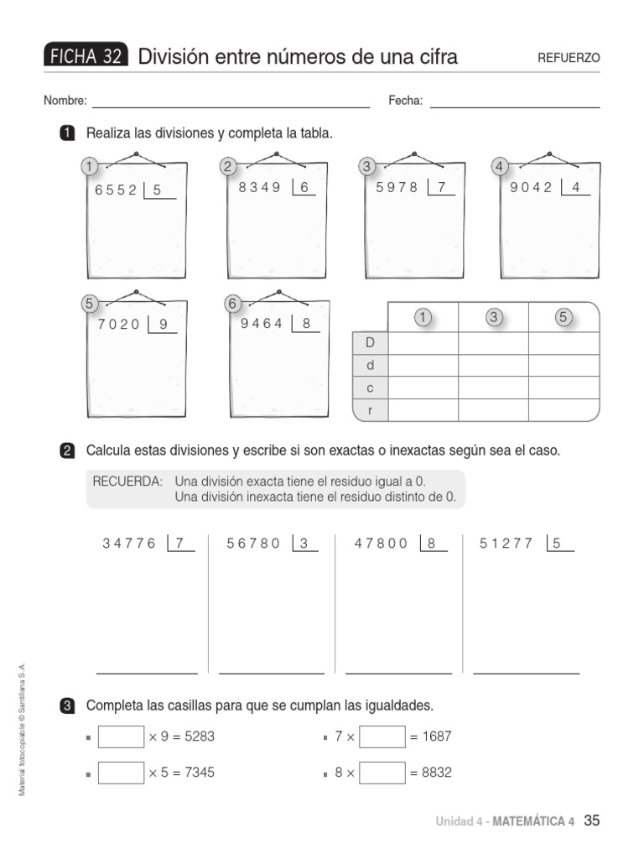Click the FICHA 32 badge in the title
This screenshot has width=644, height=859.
(x=86, y=56)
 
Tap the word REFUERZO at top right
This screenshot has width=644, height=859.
(x=569, y=58)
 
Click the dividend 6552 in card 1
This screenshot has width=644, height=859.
(x=116, y=190)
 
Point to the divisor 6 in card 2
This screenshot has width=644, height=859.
(x=304, y=187)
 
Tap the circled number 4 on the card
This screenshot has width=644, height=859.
(x=500, y=167)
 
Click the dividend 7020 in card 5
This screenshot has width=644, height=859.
(x=118, y=324)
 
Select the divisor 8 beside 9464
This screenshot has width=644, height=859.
(x=306, y=322)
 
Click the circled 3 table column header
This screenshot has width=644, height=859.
(x=493, y=317)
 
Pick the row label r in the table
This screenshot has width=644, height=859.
(x=370, y=410)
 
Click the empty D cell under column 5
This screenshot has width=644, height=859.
(x=563, y=343)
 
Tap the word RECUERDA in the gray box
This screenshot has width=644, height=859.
(x=127, y=482)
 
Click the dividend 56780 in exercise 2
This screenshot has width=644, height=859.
(x=254, y=543)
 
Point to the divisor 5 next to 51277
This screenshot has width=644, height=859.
(x=557, y=543)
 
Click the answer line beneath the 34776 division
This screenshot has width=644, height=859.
(x=147, y=673)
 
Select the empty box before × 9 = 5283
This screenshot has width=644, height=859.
(x=121, y=737)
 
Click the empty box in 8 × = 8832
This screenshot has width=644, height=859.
(x=382, y=773)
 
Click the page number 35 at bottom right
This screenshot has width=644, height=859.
(x=591, y=820)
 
